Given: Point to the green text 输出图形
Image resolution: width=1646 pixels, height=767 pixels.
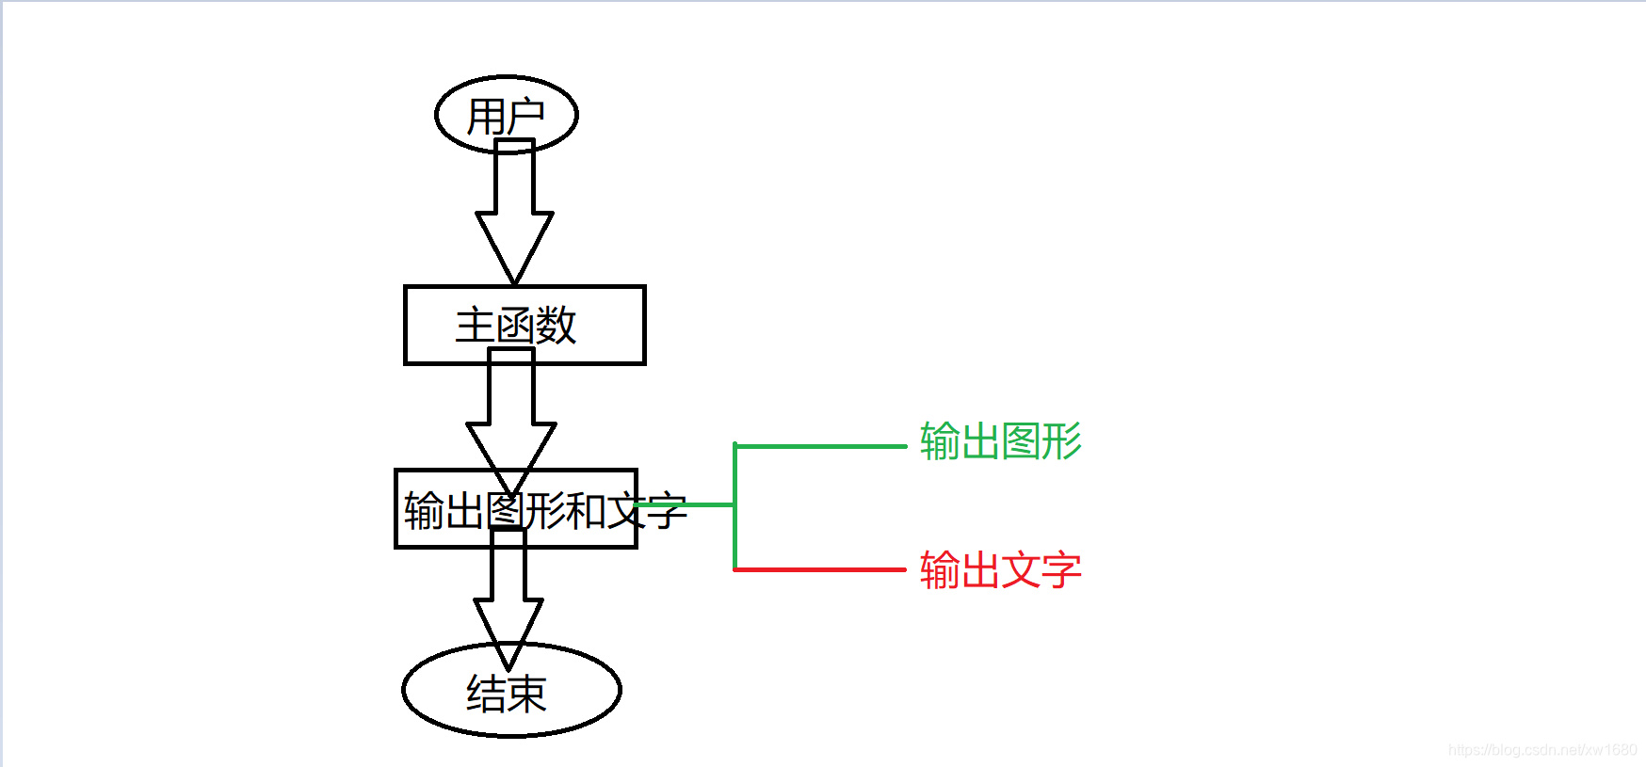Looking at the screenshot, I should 1000,441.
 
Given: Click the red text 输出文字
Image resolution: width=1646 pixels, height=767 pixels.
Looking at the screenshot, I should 1000,570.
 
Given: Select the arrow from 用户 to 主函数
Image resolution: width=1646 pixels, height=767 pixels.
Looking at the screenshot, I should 514,216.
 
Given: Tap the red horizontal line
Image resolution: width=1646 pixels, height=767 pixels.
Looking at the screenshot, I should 819,569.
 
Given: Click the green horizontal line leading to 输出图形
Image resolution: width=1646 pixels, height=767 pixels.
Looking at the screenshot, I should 819,446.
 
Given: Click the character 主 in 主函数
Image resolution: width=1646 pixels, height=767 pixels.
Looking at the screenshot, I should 475,326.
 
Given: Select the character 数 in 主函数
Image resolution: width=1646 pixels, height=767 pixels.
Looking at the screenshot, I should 556,326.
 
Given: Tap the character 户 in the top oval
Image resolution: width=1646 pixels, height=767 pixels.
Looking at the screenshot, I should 525,116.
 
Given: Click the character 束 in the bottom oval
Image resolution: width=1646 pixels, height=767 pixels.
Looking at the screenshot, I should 527,695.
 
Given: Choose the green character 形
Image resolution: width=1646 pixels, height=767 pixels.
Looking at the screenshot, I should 1061,441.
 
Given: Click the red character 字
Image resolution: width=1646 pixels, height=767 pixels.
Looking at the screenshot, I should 1061,570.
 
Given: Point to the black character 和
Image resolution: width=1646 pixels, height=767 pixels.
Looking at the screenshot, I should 586,511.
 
